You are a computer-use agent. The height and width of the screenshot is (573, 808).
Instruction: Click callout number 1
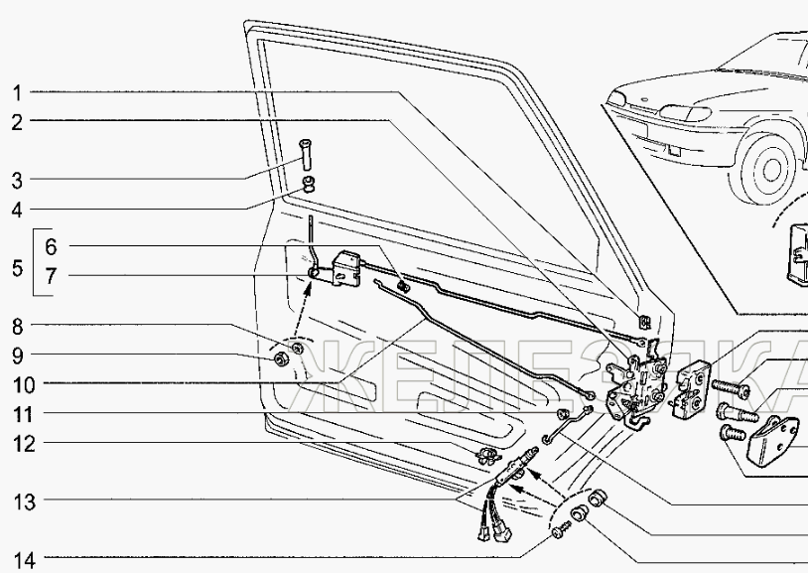click(18, 93)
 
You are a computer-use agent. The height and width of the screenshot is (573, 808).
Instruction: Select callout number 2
click(18, 123)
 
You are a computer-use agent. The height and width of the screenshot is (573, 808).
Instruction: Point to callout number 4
click(18, 210)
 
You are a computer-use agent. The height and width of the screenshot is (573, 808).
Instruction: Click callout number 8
click(18, 325)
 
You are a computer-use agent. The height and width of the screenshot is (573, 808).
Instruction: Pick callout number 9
click(18, 355)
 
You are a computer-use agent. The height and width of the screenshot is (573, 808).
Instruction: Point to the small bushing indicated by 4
click(308, 184)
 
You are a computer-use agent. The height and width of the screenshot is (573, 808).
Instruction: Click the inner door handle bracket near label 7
click(347, 266)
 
